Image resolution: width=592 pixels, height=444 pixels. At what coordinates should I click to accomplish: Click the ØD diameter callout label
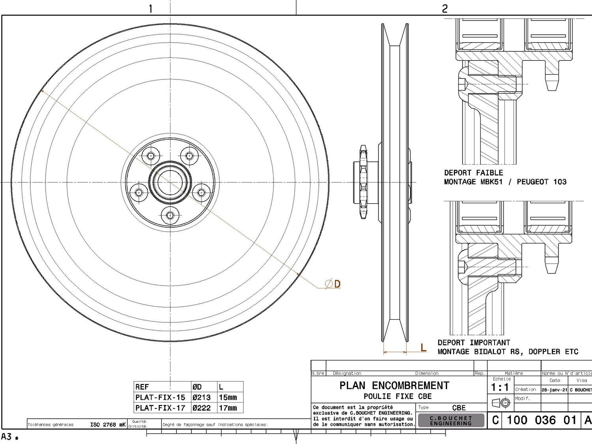(333, 284)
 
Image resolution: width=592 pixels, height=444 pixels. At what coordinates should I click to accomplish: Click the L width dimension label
(423, 348)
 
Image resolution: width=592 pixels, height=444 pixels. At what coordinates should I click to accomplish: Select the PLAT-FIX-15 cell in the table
(160, 397)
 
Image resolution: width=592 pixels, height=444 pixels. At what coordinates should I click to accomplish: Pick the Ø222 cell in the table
(202, 408)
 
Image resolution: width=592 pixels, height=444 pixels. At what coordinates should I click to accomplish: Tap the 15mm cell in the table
(228, 397)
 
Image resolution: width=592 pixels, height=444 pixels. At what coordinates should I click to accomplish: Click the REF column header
(142, 387)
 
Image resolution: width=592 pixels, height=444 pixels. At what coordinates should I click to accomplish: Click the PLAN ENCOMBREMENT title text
(394, 386)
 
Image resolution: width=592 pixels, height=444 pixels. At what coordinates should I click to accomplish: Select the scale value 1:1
(500, 388)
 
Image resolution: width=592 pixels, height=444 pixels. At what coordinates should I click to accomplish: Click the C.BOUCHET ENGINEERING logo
(451, 421)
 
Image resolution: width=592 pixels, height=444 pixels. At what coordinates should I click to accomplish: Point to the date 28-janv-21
(554, 390)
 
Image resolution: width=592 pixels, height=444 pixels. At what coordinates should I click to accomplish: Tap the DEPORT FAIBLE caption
(474, 173)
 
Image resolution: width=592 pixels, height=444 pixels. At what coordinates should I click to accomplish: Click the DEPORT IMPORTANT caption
(474, 343)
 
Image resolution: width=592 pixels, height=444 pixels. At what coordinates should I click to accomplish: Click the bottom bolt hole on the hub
(170, 215)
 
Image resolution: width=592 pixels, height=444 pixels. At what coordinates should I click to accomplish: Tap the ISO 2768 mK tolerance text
(108, 425)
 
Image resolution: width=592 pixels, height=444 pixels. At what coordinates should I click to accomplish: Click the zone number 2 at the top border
(445, 8)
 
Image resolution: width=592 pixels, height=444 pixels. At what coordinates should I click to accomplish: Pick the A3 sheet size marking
(7, 437)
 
